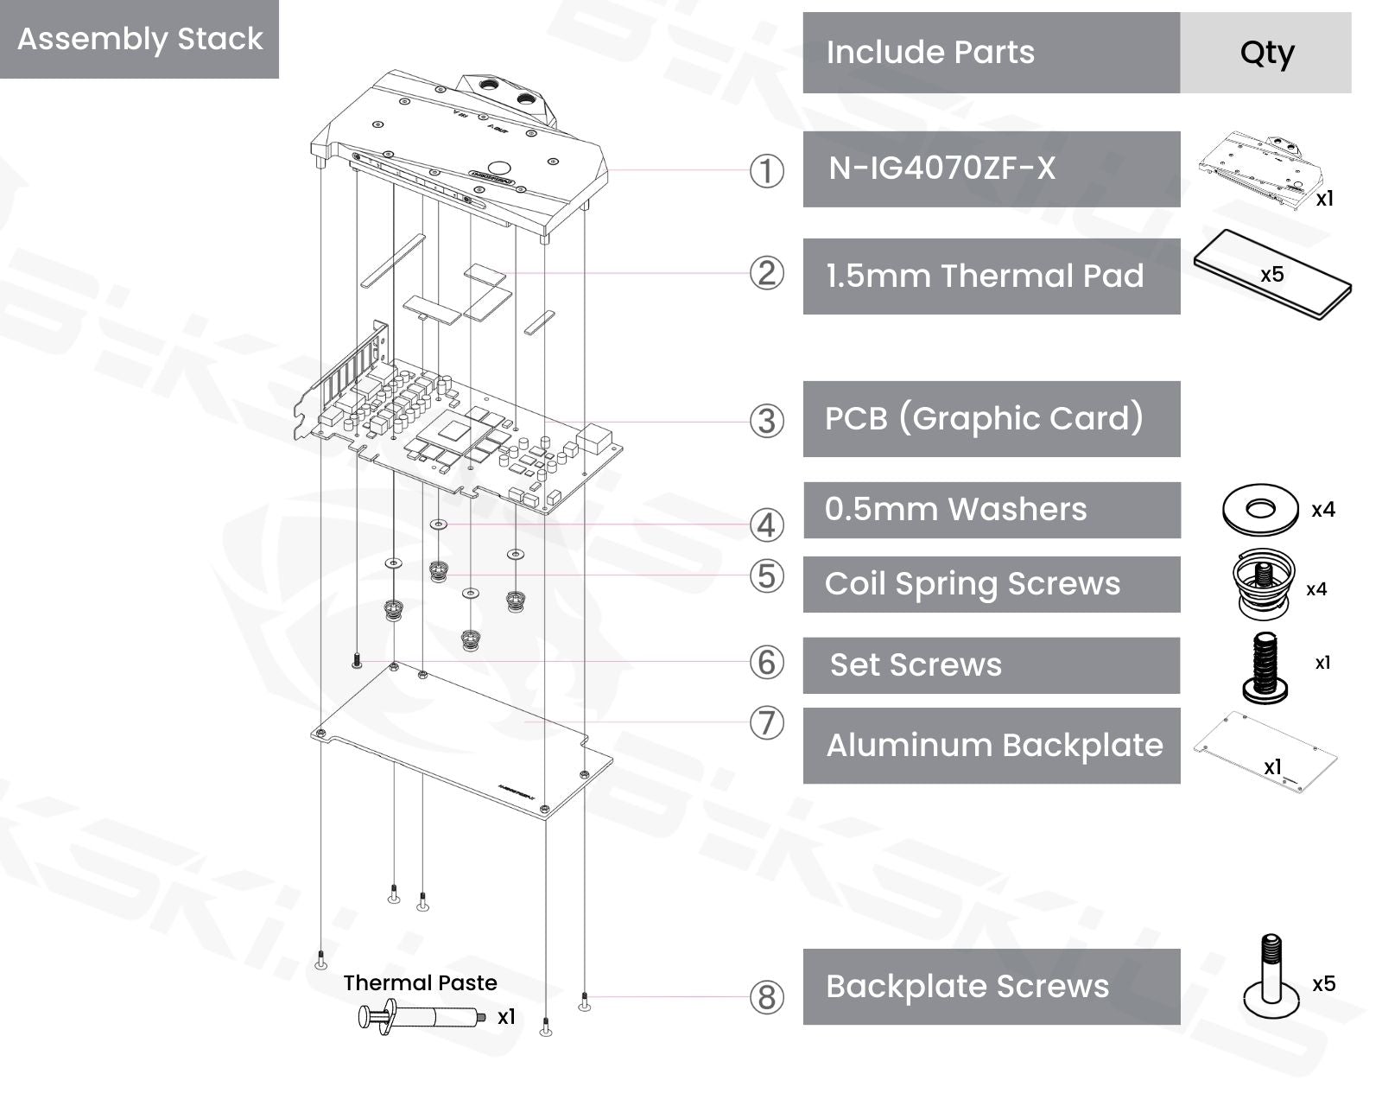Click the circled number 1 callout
coord(766,171)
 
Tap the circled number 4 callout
coord(766,525)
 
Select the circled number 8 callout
coord(766,997)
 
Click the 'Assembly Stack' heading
coord(140,39)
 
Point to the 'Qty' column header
coord(1266,53)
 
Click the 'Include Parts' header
coord(930,53)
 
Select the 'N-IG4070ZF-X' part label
coord(941,168)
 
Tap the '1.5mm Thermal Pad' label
coord(985,276)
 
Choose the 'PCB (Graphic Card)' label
coord(984,418)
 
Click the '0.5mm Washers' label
coord(955,510)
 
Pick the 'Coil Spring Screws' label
coord(973,584)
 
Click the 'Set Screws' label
coord(916,665)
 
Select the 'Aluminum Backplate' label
coord(994,746)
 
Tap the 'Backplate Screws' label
coord(967,987)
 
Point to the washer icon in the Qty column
coord(1260,510)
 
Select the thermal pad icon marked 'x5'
coord(1271,275)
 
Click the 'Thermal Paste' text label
coord(420,982)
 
